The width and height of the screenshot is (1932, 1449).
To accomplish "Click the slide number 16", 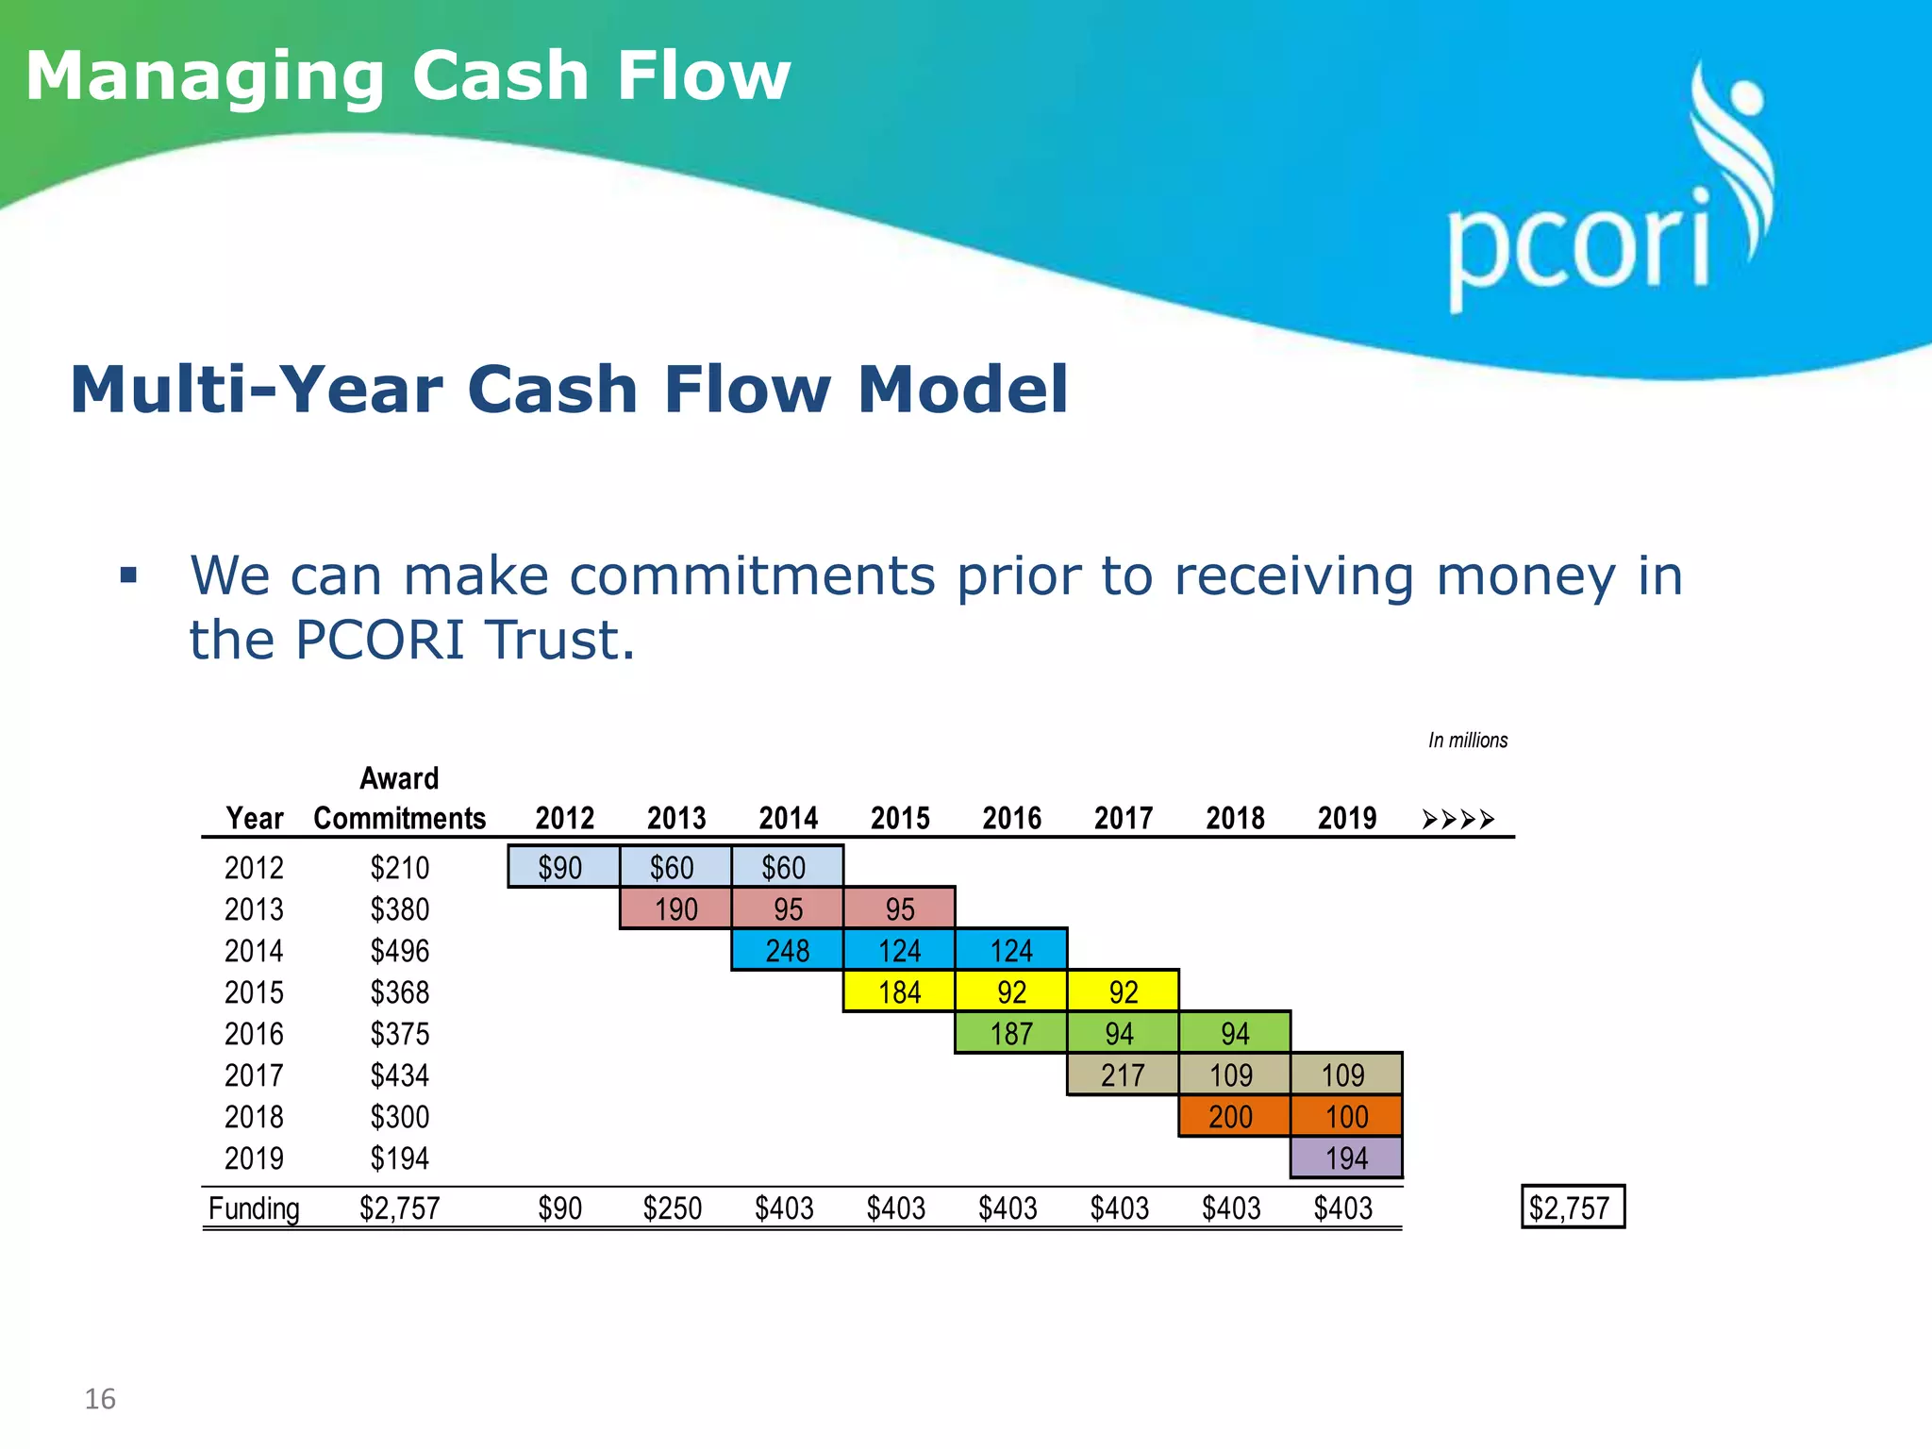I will pyautogui.click(x=100, y=1399).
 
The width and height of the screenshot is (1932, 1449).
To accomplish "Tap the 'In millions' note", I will pyautogui.click(x=1467, y=741).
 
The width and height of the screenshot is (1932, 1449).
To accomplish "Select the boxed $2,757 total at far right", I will pyautogui.click(x=1572, y=1207).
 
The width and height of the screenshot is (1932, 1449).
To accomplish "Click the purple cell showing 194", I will pyautogui.click(x=1346, y=1158).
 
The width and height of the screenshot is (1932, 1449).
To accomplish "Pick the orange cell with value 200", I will pyautogui.click(x=1233, y=1116).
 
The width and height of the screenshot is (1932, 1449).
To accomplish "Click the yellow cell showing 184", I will pyautogui.click(x=899, y=991).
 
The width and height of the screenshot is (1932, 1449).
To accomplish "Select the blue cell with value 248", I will pyautogui.click(x=787, y=950).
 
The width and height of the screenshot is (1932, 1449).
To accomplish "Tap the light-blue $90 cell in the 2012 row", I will pyautogui.click(x=562, y=867).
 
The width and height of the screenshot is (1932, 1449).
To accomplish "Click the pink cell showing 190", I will pyautogui.click(x=675, y=908).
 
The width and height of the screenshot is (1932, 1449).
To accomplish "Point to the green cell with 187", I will pyautogui.click(x=1010, y=1033).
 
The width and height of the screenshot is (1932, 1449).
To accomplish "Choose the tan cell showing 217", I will pyautogui.click(x=1122, y=1074).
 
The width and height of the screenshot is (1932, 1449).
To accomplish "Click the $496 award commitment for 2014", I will pyautogui.click(x=399, y=950).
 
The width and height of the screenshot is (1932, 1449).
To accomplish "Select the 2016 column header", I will pyautogui.click(x=1011, y=818).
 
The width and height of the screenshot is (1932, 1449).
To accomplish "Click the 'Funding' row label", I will pyautogui.click(x=254, y=1208).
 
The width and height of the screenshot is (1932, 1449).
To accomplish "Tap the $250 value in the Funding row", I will pyautogui.click(x=672, y=1208).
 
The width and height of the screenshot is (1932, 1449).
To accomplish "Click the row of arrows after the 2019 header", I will pyautogui.click(x=1458, y=819).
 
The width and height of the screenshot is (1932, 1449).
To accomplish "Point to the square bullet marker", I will pyautogui.click(x=129, y=575).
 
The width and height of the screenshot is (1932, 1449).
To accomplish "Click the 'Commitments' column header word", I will pyautogui.click(x=399, y=818).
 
